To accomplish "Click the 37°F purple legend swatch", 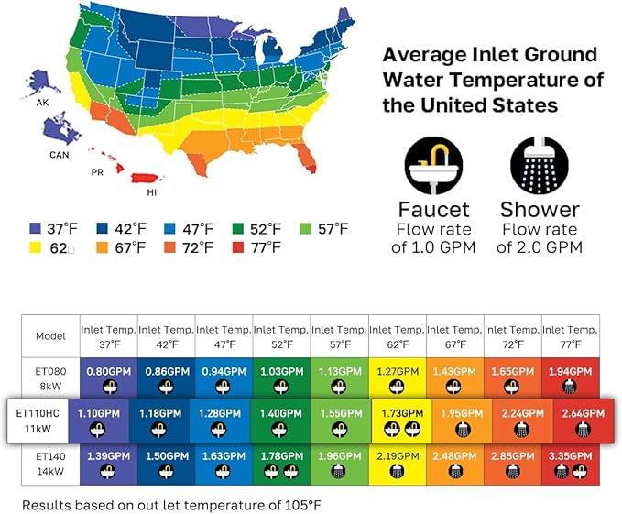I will coord(35,228).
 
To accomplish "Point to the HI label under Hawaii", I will coord(152,192).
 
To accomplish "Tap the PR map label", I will coord(96,171).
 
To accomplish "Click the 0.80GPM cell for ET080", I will coord(107,378).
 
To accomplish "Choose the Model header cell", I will coord(50,335).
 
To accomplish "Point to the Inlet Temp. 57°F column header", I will coord(339,336).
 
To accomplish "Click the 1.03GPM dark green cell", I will coord(281,378).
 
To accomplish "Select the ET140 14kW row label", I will coord(50,464).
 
